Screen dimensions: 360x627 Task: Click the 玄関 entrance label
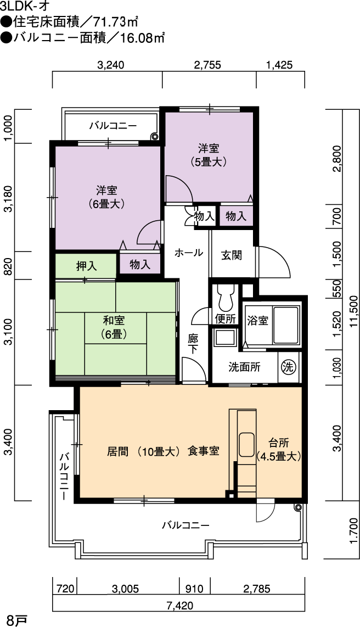click(232, 255)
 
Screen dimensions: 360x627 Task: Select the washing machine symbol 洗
click(289, 366)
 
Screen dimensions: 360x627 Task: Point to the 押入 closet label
click(87, 266)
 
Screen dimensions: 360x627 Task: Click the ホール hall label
click(188, 253)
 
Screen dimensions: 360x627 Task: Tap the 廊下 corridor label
click(193, 343)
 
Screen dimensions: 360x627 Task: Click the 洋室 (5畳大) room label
click(209, 155)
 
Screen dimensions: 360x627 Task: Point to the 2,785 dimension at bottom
click(256, 589)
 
